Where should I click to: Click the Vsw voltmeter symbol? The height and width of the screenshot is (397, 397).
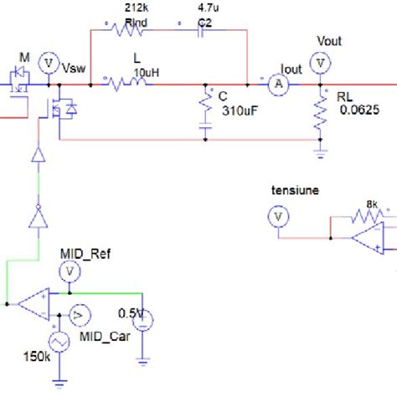[x=48, y=64]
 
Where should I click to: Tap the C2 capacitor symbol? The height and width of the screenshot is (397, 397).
[x=202, y=33]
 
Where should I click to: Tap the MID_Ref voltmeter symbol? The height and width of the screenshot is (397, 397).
[x=70, y=270]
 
